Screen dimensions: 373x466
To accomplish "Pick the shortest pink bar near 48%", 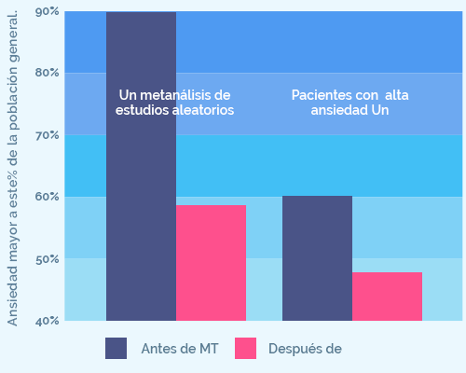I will [387, 297].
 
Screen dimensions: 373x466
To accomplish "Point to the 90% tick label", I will [48, 11].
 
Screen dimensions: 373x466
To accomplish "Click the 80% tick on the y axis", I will [48, 73].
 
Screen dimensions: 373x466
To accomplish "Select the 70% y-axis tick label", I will [48, 135].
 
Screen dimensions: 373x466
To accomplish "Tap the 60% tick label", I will [48, 197].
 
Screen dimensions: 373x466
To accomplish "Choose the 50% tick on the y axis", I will [48, 258].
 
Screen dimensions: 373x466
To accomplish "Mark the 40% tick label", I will [48, 320].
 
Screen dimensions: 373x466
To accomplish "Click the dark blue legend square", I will [116, 349].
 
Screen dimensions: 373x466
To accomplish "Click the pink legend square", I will [245, 349].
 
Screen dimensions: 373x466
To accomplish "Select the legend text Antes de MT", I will [180, 349].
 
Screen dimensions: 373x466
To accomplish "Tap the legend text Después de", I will [305, 349].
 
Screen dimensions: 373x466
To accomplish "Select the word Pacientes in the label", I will [322, 95].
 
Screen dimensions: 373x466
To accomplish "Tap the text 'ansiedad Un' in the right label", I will [350, 110].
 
